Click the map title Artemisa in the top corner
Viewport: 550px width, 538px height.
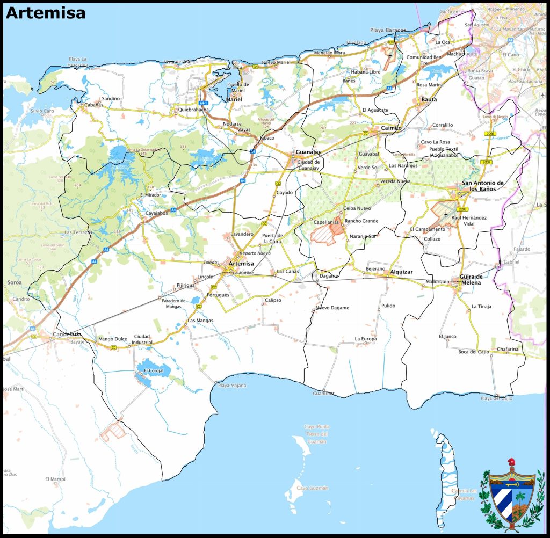pos(45,13)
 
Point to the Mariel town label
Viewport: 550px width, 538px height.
pos(234,100)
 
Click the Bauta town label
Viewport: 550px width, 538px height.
pos(429,100)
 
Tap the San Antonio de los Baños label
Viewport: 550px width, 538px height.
pos(482,186)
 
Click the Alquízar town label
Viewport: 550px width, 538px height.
pos(401,272)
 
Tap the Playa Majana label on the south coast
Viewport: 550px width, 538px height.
pos(231,386)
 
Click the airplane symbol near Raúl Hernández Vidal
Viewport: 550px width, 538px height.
pos(446,214)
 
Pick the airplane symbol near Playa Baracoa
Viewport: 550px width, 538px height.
pos(390,54)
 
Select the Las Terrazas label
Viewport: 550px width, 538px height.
pos(78,232)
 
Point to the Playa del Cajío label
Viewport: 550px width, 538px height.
pos(496,398)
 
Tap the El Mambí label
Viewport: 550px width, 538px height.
pos(55,478)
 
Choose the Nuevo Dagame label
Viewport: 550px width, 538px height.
pos(332,308)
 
